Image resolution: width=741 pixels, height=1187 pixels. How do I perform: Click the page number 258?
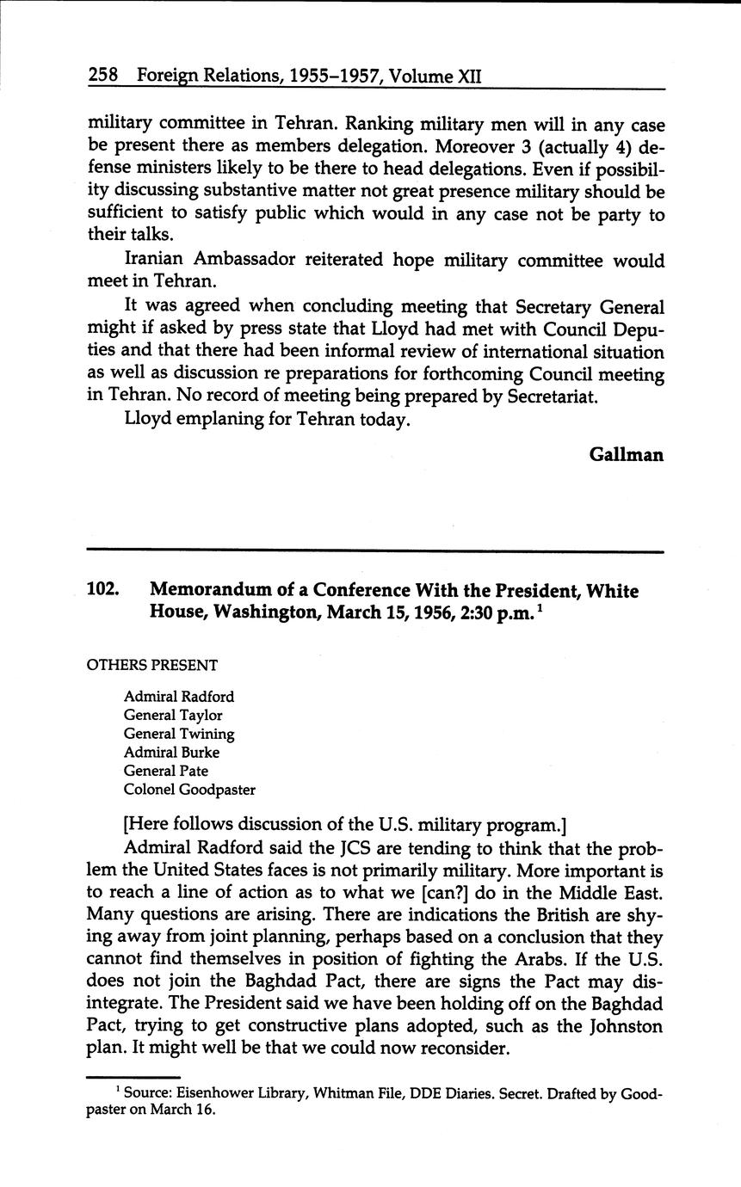pos(102,76)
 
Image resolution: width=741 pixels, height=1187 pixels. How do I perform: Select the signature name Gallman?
pos(626,454)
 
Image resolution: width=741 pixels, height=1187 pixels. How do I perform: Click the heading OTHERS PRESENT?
pos(152,665)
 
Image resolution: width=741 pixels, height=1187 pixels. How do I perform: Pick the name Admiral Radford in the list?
pos(178,696)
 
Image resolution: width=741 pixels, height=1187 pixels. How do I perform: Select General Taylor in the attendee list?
pos(173,715)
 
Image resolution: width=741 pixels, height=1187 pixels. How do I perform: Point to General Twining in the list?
pos(179,734)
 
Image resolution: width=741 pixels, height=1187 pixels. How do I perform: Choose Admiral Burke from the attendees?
pos(171,753)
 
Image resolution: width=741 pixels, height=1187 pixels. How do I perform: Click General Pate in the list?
pos(166,771)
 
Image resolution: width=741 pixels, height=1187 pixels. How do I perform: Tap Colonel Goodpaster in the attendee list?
pos(189,790)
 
